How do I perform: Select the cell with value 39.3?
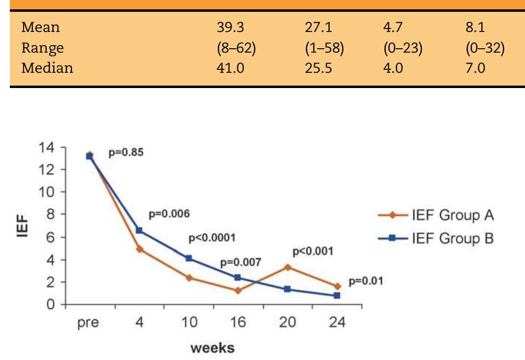(231, 28)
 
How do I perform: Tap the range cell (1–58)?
(323, 48)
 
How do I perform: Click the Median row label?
(47, 67)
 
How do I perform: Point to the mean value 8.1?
(475, 28)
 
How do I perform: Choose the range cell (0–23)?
(403, 48)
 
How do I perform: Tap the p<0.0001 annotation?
(212, 239)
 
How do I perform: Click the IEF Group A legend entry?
(436, 215)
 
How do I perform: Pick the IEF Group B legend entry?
(436, 239)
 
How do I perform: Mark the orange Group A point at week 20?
(288, 267)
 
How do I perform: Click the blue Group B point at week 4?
(139, 230)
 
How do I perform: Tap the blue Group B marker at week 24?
(337, 296)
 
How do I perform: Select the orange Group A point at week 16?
(238, 290)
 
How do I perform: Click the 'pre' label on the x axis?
(88, 323)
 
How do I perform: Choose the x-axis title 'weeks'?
(212, 349)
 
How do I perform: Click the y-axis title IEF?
(23, 226)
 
